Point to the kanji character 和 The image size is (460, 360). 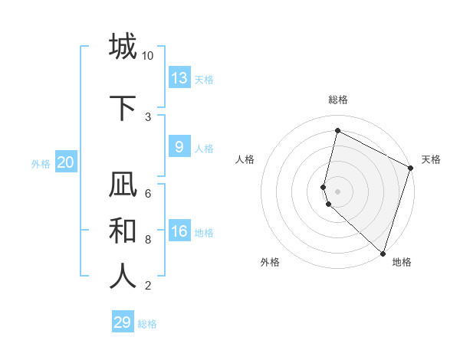click(123, 231)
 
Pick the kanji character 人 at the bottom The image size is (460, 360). click(123, 277)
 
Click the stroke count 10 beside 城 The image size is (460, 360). click(148, 56)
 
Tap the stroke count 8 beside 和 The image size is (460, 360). click(148, 240)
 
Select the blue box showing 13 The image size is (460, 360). click(179, 78)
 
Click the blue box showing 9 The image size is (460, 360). click(179, 147)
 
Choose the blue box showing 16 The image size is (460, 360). click(179, 231)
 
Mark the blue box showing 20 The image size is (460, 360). click(66, 162)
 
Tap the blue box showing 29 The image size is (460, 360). click(123, 322)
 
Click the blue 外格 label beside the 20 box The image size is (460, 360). click(40, 163)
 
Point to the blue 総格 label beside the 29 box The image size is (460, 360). click(147, 324)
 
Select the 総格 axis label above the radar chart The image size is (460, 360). click(338, 100)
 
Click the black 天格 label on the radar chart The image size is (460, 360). click(431, 159)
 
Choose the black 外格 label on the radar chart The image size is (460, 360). click(270, 263)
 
